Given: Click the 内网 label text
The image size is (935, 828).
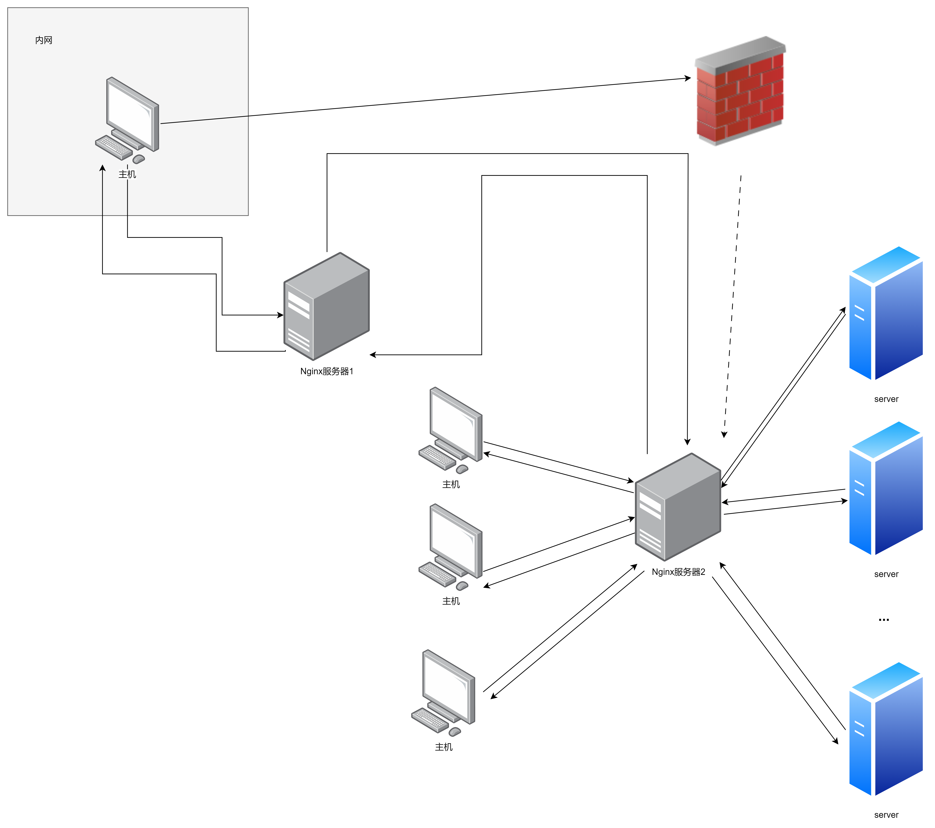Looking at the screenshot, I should (x=43, y=40).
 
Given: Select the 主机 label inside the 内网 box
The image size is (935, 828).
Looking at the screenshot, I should (x=127, y=174).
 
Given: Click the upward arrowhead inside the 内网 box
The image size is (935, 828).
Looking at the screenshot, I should (x=102, y=168).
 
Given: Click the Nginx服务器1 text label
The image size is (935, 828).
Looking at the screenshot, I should (x=327, y=371).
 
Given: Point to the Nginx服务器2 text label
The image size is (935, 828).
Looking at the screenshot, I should (x=678, y=572).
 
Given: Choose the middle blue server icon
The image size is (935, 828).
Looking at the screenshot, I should (x=885, y=489).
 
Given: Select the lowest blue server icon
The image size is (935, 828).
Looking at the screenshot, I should (x=885, y=730).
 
